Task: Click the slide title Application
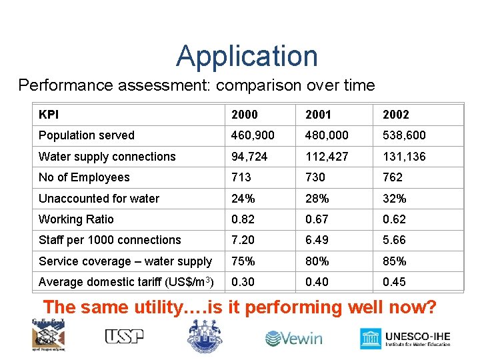coord(247,56)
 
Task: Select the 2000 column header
coord(244,115)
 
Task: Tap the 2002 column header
coord(395,115)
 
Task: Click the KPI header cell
coord(49,115)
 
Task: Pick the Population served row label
coord(86,135)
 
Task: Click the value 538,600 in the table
coord(404,135)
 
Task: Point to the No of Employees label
coord(84,177)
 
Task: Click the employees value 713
coord(241,177)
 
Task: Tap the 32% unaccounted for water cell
coord(394,199)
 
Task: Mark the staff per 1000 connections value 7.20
coord(243,240)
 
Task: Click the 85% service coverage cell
coord(394,261)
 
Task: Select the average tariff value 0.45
coord(394,282)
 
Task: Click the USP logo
coord(124,337)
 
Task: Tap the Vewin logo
coord(293,339)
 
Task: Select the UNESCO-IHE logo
coord(405,338)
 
